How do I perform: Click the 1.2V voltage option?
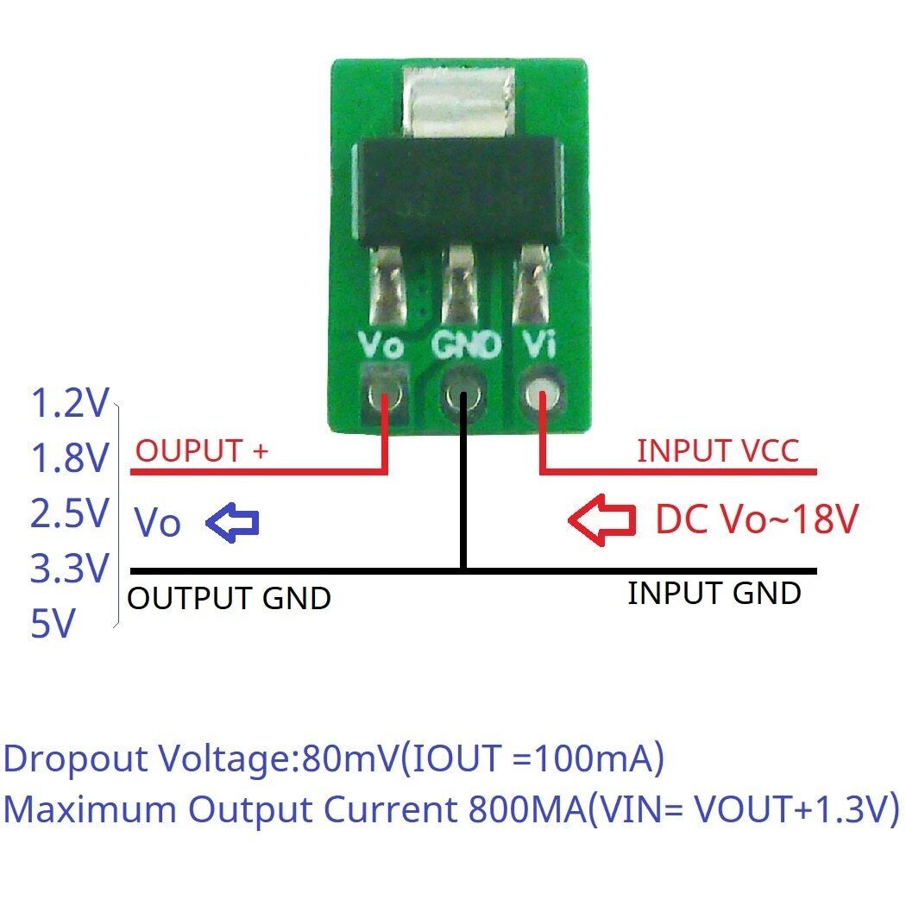click(x=69, y=403)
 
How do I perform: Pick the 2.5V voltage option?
click(x=69, y=514)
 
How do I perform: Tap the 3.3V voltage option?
click(x=69, y=569)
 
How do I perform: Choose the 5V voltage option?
click(x=53, y=624)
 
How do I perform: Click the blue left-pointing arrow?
click(x=232, y=522)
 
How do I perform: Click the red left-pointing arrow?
click(x=601, y=520)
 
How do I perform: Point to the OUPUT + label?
click(x=203, y=450)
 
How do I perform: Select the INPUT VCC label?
click(x=717, y=450)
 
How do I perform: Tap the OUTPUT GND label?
click(x=230, y=598)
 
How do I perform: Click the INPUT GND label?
click(x=714, y=594)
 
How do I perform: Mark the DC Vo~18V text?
click(x=757, y=519)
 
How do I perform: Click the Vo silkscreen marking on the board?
click(x=381, y=348)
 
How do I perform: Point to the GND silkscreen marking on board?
click(x=465, y=346)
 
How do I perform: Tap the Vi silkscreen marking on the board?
click(x=541, y=346)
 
